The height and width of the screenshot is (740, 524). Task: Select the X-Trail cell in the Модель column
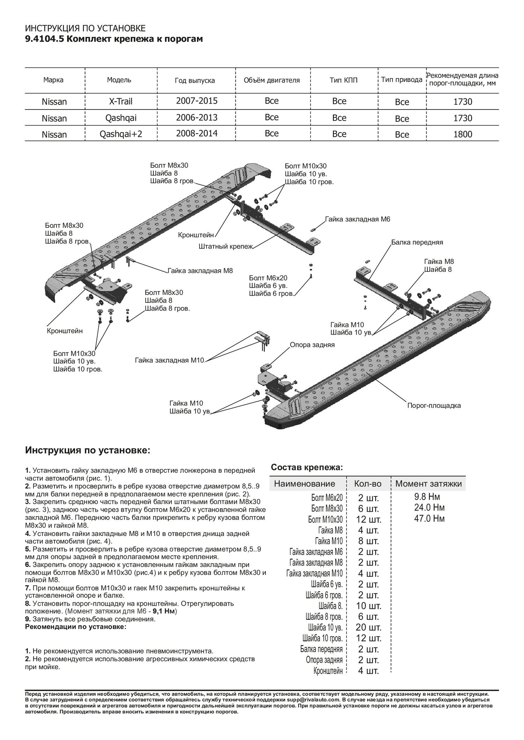120,102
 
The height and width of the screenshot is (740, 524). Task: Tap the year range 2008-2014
197,134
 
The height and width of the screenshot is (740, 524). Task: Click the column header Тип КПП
339,80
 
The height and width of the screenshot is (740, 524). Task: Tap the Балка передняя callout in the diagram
417,242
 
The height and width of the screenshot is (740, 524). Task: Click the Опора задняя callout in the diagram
312,345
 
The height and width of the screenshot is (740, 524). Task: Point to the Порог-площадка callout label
434,405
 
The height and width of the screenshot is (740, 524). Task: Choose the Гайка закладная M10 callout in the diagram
169,360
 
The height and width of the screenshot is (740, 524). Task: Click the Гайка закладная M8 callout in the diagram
200,270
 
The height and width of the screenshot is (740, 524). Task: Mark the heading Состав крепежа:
307,467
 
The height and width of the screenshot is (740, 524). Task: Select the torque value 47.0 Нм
429,518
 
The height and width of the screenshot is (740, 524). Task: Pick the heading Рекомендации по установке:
75,627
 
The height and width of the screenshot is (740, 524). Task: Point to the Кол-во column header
367,484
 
